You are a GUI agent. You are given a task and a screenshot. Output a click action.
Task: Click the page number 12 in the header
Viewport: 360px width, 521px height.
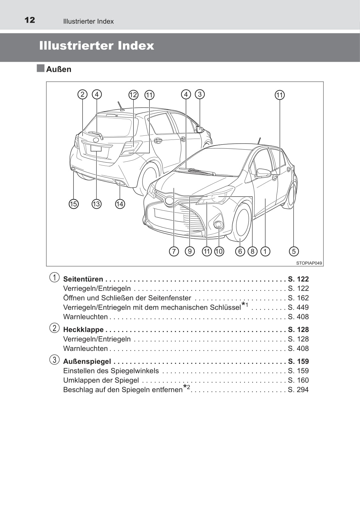[x=30, y=20]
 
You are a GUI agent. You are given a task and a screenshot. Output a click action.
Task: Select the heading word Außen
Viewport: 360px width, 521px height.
[x=59, y=69]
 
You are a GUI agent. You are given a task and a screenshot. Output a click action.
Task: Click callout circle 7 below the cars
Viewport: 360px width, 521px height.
[x=174, y=251]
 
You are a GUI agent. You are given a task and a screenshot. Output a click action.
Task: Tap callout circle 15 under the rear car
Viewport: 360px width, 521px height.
[x=73, y=204]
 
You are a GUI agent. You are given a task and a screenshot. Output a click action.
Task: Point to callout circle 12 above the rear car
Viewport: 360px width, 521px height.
[x=133, y=94]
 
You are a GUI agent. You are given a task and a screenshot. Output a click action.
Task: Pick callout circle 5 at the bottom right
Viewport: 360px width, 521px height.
[x=293, y=251]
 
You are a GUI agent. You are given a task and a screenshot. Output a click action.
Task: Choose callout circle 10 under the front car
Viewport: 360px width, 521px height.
[x=219, y=251]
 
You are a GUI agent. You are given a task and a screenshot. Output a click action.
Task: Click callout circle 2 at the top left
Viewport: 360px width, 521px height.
[x=82, y=94]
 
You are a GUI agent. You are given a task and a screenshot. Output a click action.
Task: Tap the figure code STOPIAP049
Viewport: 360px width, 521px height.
[x=309, y=263]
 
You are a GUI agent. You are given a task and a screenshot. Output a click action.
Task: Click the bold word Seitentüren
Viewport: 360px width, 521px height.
[x=83, y=279]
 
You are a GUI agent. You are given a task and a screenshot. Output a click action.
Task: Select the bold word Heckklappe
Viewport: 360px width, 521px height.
[x=83, y=329]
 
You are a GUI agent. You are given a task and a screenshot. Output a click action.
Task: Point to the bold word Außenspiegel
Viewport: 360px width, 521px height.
[x=87, y=361]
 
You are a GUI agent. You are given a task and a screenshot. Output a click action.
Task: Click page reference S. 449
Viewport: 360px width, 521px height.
[x=298, y=307]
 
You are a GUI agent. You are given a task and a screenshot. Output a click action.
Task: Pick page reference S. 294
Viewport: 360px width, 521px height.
[x=298, y=390]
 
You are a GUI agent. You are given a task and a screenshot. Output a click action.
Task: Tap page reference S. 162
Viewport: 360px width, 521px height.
[x=298, y=298]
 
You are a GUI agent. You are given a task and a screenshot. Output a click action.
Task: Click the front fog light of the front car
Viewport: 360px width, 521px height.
[x=218, y=225]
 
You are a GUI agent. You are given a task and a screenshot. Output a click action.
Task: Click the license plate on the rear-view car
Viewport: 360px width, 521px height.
[x=96, y=148]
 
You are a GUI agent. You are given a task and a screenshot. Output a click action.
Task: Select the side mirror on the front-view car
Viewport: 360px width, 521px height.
[x=263, y=173]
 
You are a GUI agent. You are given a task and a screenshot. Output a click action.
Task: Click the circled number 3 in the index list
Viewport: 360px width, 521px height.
[x=54, y=360]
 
